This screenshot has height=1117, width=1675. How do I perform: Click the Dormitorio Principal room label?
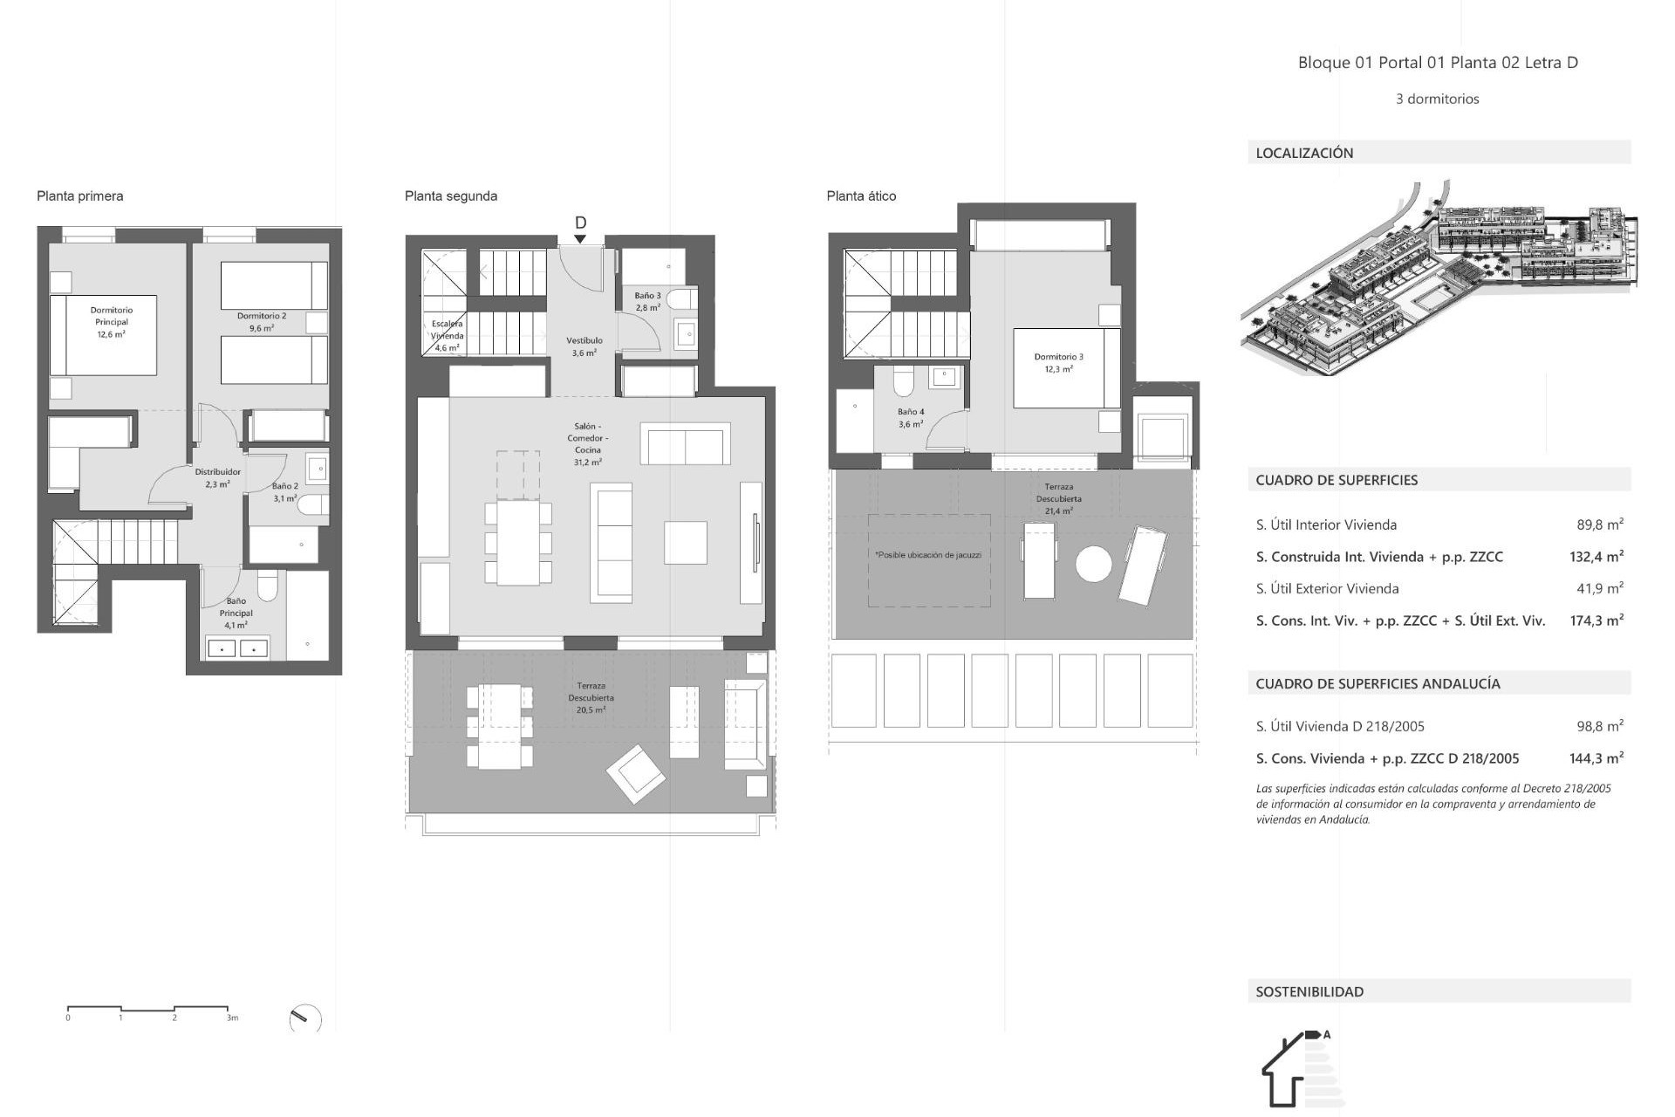click(x=111, y=321)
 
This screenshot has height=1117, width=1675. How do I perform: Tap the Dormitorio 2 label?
click(x=261, y=322)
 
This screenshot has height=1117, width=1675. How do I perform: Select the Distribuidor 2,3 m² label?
click(x=217, y=477)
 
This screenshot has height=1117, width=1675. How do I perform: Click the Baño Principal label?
click(x=236, y=613)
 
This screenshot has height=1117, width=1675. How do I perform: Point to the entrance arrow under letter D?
click(x=580, y=239)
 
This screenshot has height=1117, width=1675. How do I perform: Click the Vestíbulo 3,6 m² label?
click(x=584, y=346)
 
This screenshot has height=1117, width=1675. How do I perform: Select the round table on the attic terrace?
click(x=1093, y=564)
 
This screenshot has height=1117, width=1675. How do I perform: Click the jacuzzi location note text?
click(x=927, y=555)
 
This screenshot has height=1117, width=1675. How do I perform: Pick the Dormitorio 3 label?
click(x=1058, y=362)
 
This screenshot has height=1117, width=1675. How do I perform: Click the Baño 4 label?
click(x=910, y=418)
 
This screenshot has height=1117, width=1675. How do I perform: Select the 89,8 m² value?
click(x=1599, y=524)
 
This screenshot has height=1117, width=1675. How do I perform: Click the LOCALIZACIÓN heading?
click(x=1304, y=153)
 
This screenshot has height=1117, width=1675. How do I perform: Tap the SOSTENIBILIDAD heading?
click(x=1309, y=991)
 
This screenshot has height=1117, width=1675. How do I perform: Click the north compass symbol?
click(x=305, y=1018)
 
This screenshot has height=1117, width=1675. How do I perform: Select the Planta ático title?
click(x=861, y=195)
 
